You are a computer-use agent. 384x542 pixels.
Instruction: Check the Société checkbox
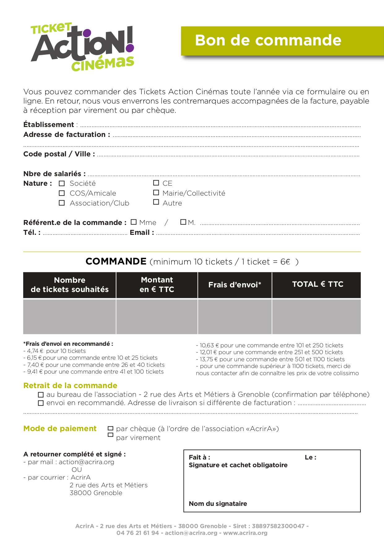(x=62, y=184)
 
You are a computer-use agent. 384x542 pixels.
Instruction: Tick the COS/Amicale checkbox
(x=62, y=193)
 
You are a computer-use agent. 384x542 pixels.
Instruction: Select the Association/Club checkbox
(x=62, y=203)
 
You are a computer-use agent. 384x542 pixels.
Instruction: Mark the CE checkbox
(x=156, y=183)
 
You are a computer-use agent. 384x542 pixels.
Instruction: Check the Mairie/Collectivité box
(x=156, y=193)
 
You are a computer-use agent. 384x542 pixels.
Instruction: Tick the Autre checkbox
(x=156, y=202)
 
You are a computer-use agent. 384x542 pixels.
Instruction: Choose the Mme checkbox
(x=134, y=222)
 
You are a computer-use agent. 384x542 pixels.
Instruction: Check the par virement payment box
(x=110, y=435)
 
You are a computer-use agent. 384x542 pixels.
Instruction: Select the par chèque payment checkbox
(x=110, y=428)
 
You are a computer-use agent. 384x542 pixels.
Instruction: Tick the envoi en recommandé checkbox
(x=41, y=403)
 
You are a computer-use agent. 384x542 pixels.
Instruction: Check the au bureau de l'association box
(x=41, y=395)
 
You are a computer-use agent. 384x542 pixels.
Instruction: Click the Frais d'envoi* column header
(x=235, y=285)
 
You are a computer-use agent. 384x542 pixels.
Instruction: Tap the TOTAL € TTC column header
(x=317, y=284)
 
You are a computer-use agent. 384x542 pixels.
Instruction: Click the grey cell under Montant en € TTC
(x=157, y=317)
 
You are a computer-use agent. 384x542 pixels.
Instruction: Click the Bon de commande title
(x=268, y=40)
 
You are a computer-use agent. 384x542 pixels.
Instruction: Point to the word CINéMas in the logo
(x=103, y=64)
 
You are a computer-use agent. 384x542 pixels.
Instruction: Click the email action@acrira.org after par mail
(x=86, y=462)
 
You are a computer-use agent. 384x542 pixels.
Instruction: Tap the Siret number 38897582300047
(x=278, y=526)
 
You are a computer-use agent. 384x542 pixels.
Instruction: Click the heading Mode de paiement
(x=60, y=429)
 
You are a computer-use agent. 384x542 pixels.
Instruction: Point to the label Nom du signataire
(x=218, y=504)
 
